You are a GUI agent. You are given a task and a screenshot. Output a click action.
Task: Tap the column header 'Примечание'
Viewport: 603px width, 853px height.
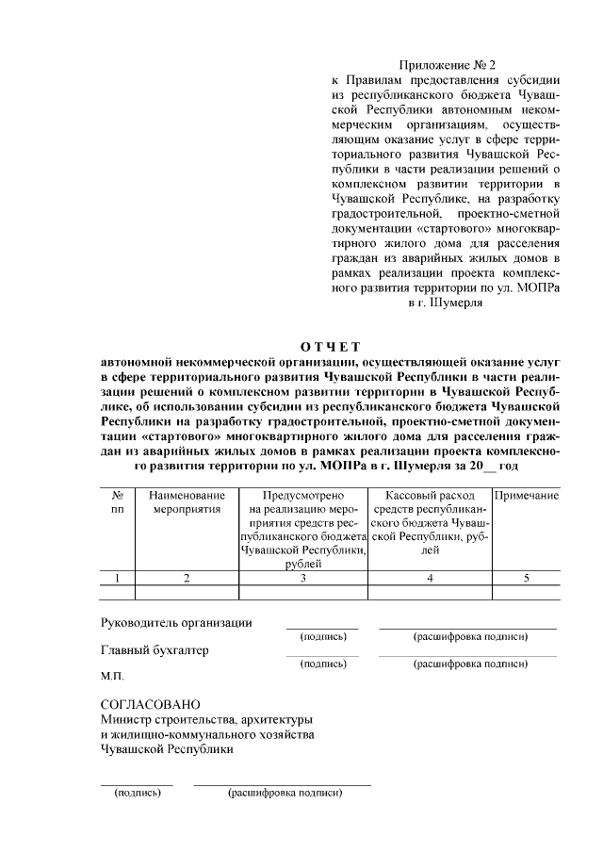pos(527,496)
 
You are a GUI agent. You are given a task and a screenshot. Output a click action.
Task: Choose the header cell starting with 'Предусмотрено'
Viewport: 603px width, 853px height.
pos(303,529)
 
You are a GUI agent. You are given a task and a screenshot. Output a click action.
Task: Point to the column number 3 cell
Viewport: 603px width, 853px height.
pos(303,578)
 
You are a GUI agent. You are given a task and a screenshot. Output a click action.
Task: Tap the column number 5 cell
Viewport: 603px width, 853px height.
pos(527,578)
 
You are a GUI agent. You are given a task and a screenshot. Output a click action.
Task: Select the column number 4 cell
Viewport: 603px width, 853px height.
pos(430,578)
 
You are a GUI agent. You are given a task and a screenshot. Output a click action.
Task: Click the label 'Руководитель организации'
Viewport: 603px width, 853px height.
pos(176,622)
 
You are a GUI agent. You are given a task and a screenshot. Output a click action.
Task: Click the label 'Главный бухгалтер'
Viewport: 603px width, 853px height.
pos(155,650)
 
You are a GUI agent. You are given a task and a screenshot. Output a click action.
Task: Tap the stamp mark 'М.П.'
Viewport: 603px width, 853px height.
pos(112,677)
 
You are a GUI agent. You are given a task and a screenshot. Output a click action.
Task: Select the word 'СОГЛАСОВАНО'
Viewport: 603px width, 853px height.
pos(151,705)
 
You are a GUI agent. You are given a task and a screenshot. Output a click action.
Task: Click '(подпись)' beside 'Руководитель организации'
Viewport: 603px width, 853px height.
pos(322,637)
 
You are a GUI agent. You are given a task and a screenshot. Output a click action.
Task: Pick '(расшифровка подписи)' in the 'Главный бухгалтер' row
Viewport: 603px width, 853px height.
pos(469,664)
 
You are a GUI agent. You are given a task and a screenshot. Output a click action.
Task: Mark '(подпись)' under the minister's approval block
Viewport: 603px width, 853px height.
pos(137,793)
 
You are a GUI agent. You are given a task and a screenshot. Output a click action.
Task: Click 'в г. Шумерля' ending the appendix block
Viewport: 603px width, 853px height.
pos(446,304)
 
